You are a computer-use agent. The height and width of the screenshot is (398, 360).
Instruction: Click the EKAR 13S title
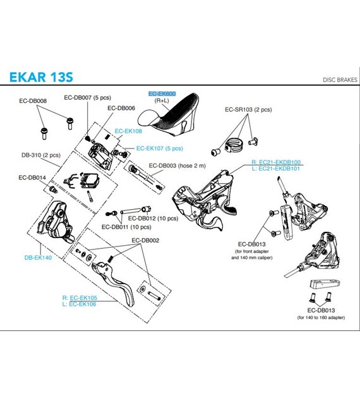click(41, 77)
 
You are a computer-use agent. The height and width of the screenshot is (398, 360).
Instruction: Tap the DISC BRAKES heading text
click(340, 80)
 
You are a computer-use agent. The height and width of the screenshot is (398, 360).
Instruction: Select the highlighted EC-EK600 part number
click(162, 93)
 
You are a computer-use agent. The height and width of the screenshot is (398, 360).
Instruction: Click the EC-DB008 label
click(33, 101)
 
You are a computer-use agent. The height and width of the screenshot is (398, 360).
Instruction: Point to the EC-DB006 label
click(121, 108)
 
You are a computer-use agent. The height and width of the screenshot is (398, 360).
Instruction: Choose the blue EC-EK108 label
click(128, 131)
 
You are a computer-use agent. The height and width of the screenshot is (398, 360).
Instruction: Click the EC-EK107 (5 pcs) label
click(160, 148)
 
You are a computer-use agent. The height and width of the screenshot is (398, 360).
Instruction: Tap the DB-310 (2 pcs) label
click(41, 155)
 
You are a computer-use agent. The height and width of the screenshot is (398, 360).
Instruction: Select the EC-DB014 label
click(32, 178)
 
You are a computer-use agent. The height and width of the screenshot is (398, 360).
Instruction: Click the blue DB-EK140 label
click(38, 257)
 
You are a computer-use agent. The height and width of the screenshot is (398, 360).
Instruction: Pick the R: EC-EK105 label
click(80, 298)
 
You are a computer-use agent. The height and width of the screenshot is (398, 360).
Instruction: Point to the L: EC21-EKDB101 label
click(276, 168)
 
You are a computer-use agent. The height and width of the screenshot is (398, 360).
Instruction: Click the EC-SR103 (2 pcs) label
click(248, 109)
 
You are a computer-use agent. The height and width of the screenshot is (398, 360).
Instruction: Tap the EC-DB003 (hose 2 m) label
click(177, 166)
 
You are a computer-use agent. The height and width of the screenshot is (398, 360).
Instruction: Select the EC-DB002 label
click(145, 240)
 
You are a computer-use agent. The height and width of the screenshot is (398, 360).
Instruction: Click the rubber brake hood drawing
click(169, 114)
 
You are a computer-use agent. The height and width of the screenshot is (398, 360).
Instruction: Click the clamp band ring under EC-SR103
click(234, 145)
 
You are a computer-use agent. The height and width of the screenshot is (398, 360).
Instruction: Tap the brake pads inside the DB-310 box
click(89, 179)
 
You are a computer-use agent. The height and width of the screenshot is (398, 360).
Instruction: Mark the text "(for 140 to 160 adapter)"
click(321, 317)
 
